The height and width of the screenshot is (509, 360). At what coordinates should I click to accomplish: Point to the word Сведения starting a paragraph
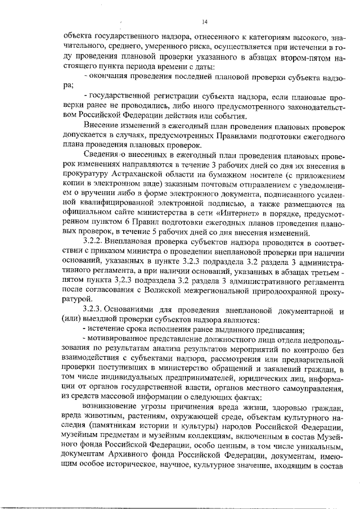pos(101,153)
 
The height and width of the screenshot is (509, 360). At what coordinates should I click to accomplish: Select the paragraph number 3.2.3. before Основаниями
pos(92,310)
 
